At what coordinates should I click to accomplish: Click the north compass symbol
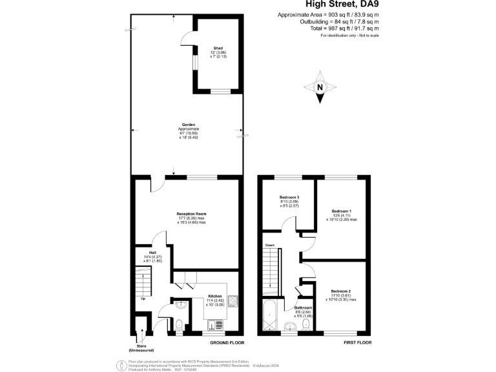[x=320, y=90]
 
